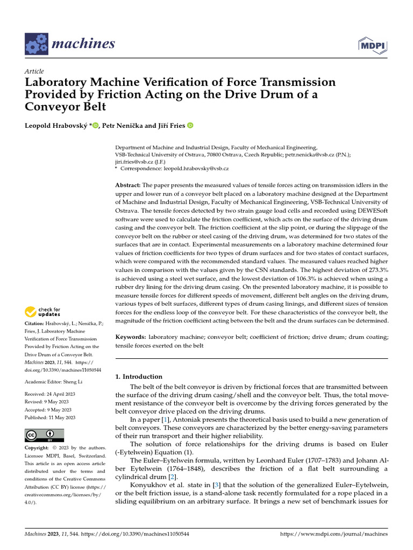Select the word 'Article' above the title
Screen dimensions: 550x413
(x=34, y=71)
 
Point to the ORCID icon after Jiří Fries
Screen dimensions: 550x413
(x=190, y=126)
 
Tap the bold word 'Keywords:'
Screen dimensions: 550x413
(x=131, y=337)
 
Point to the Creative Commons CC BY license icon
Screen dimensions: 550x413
(x=44, y=435)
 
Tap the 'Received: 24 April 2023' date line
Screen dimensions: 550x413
(x=51, y=395)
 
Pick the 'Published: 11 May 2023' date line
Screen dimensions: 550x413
(x=50, y=417)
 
